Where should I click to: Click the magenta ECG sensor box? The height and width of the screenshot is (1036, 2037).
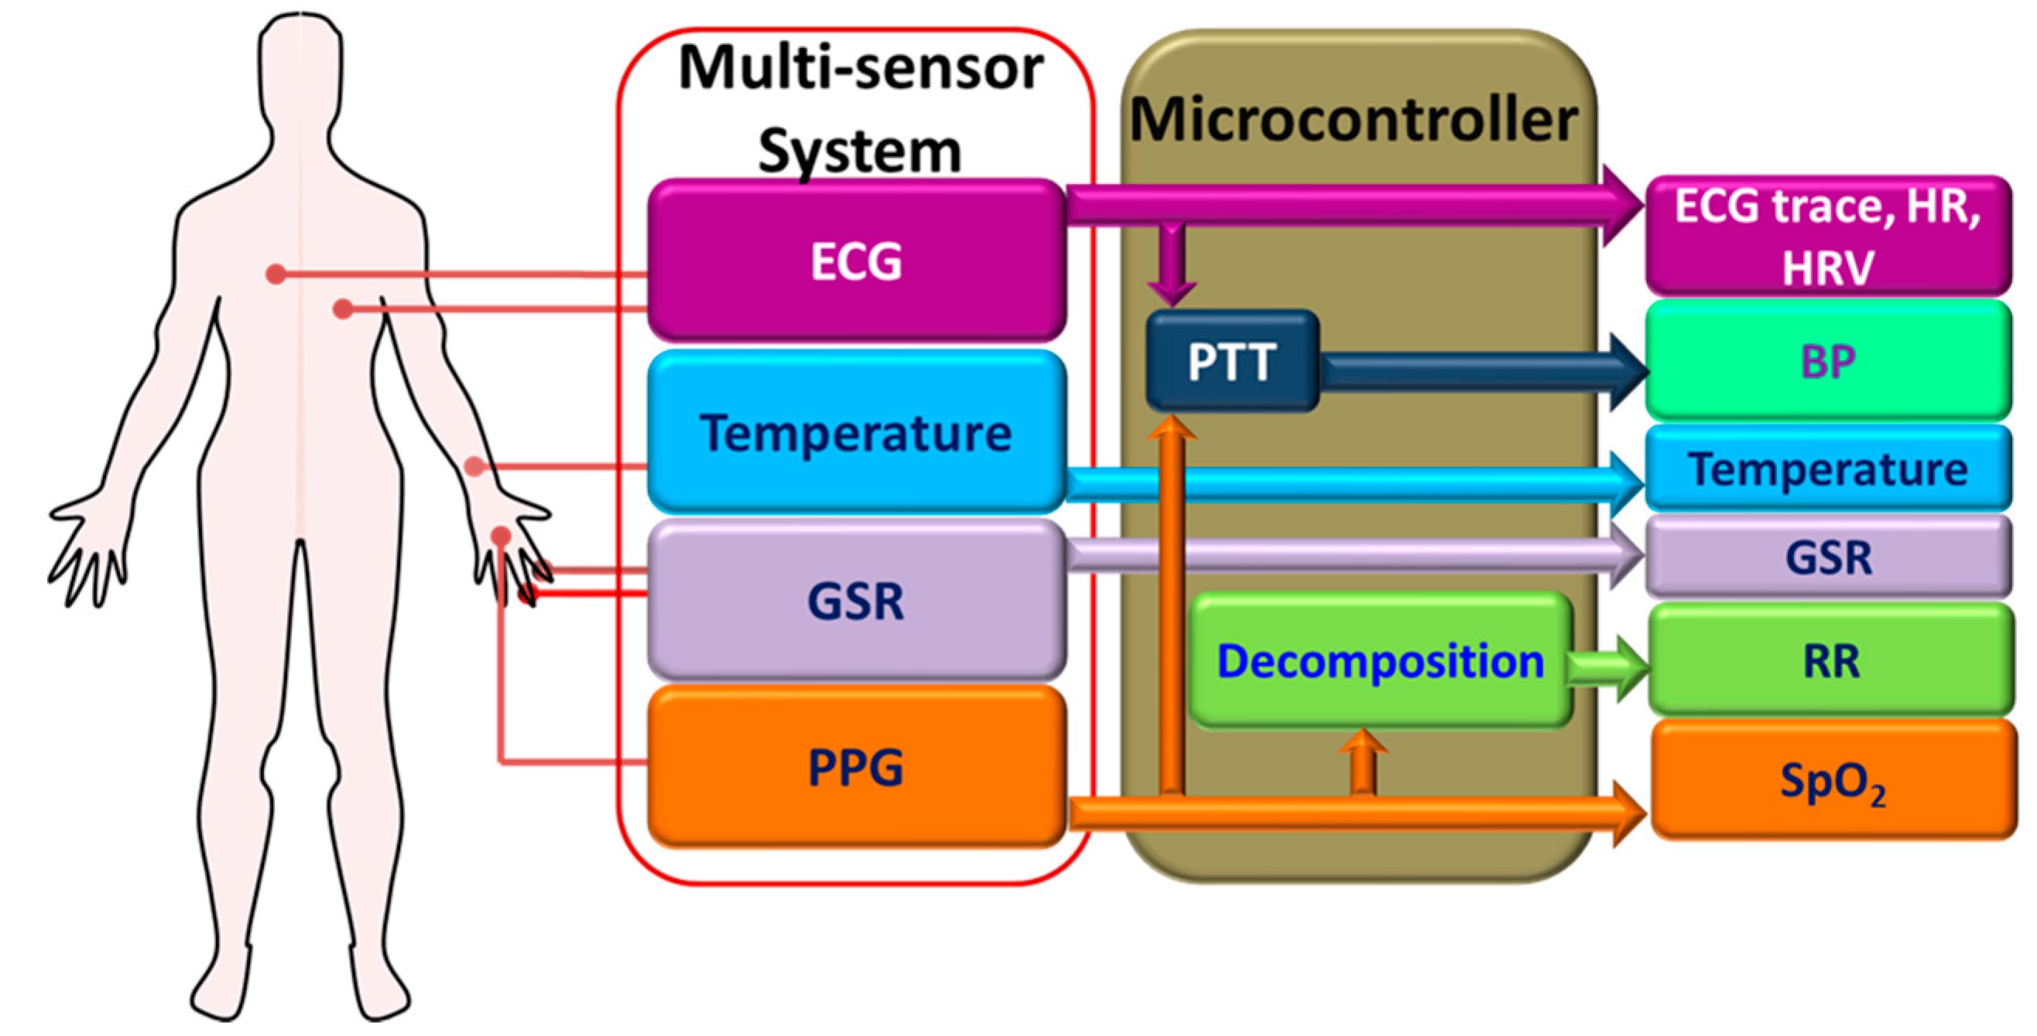point(856,261)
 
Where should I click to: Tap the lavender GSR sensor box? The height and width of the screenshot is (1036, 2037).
point(856,601)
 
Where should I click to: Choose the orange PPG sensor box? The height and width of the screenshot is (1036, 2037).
point(856,766)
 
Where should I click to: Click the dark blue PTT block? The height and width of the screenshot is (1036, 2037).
point(1231,361)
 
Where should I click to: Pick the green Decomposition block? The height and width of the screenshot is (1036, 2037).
point(1380,659)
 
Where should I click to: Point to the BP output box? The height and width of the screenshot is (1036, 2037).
point(1828,361)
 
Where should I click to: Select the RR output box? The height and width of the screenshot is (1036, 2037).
point(1831,660)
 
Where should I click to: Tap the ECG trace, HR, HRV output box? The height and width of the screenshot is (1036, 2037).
point(1828,236)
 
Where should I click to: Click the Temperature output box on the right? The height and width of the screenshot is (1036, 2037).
point(1828,469)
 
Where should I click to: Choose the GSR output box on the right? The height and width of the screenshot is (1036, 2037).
point(1828,557)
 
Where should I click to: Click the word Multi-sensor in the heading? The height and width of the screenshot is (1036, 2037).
point(861,68)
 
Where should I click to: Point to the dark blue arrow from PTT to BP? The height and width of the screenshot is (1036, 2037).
point(1470,371)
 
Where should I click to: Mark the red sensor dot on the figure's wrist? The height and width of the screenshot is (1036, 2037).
point(474,466)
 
